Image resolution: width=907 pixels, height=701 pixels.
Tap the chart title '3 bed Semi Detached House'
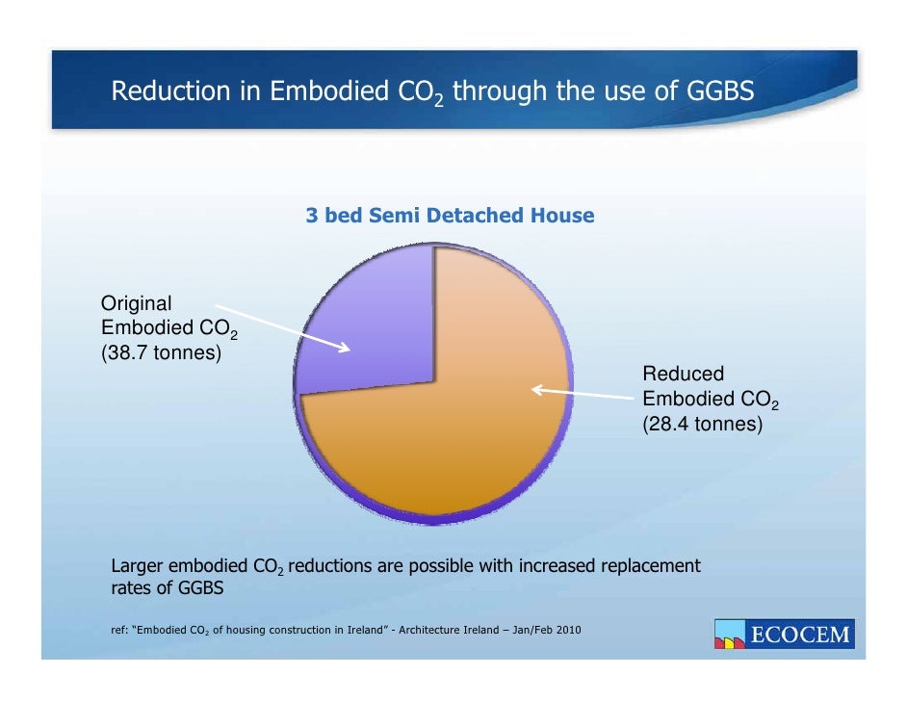tap(450, 216)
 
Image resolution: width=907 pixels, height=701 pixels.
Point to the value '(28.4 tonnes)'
tap(702, 424)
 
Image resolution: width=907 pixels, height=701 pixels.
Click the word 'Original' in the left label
tap(137, 303)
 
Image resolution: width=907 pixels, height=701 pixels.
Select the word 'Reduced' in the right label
tap(683, 374)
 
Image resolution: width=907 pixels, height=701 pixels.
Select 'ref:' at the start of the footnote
tap(121, 632)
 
